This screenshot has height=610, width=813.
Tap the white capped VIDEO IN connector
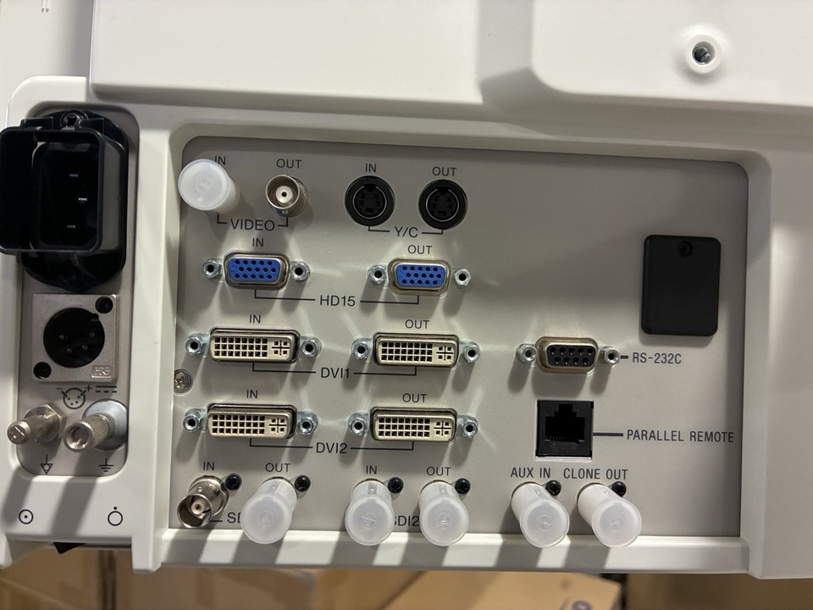pos(208,186)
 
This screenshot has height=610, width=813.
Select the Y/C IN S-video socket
pos(370,204)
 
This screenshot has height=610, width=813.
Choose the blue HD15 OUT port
pos(421,277)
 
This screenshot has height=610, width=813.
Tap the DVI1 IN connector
pos(252,347)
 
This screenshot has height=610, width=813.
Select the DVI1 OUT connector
pos(416,350)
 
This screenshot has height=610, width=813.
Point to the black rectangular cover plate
pos(680,285)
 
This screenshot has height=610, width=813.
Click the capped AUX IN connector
pos(539,513)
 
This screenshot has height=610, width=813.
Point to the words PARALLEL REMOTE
pos(679,437)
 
